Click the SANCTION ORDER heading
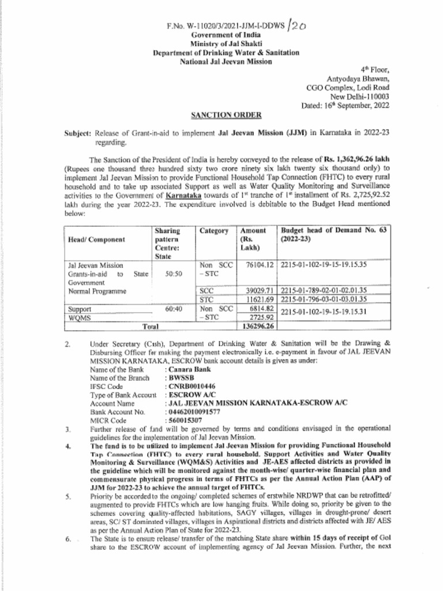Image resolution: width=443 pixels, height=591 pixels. pos(226,115)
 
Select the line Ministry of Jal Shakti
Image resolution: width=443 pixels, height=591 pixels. pos(226,44)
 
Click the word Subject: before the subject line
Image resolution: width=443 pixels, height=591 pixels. pos(77,132)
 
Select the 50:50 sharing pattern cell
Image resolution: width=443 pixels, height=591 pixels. pos(173,274)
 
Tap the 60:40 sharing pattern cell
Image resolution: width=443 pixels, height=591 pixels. pos(173,309)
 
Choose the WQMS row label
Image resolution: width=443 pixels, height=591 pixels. pos(78,317)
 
